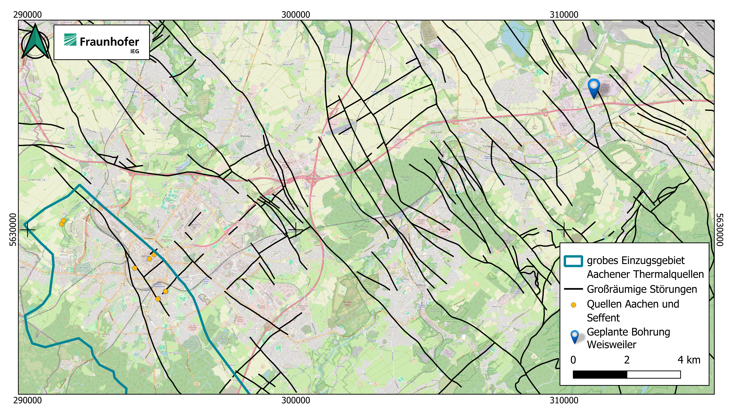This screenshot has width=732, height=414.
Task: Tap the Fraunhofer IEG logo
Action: click(x=101, y=42)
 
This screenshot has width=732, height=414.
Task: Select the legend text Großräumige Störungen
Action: click(x=642, y=289)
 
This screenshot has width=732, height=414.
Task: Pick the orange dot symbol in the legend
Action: click(x=573, y=305)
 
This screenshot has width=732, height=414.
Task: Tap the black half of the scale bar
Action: click(x=599, y=375)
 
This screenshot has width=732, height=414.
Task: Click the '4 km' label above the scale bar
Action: click(x=689, y=360)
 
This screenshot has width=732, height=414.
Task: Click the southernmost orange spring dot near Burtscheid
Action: click(x=158, y=299)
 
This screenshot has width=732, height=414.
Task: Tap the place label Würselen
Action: click(x=245, y=136)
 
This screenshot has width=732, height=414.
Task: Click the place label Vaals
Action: click(x=23, y=267)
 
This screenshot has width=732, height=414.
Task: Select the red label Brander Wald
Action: click(x=347, y=303)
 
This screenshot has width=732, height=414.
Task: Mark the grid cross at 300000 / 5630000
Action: click(x=296, y=230)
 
